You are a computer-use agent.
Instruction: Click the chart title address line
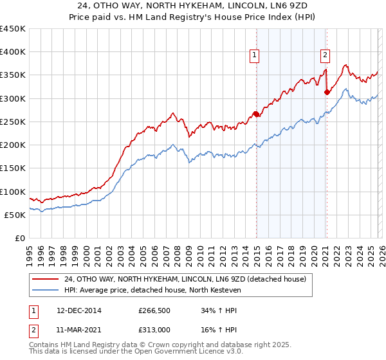click(193, 5)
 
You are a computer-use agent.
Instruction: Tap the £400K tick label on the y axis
click(13, 52)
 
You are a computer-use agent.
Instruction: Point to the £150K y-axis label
click(13, 168)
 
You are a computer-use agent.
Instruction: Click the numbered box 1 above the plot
click(255, 56)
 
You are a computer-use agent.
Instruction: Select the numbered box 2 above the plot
click(326, 56)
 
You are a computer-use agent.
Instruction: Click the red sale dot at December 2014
click(256, 114)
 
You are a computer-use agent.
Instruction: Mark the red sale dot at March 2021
click(327, 93)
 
